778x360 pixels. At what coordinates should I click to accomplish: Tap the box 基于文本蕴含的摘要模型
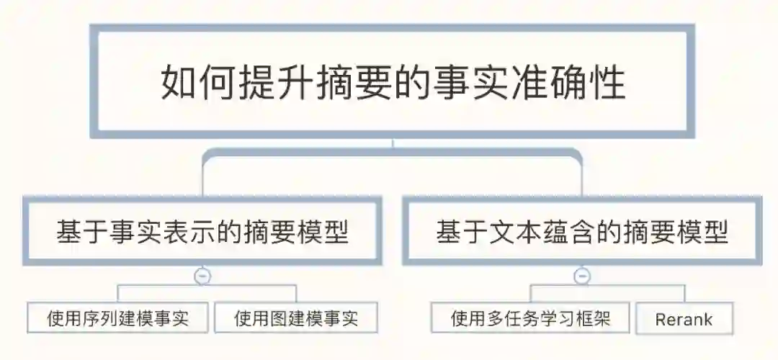[582, 233]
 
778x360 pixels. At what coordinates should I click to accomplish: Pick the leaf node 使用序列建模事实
[117, 318]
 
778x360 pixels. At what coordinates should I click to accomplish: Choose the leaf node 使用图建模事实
[296, 318]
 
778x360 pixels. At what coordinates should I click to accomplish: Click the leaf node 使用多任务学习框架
[530, 318]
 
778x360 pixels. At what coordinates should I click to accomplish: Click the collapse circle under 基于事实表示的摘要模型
[202, 276]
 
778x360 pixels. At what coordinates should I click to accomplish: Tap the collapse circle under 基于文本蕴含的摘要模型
[582, 276]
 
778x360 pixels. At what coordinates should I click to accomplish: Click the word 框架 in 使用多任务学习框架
[594, 318]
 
